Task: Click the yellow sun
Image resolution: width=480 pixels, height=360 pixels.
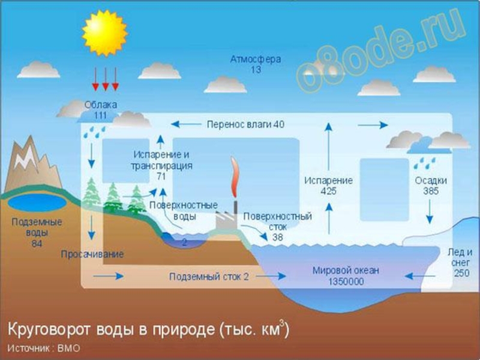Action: click(x=105, y=32)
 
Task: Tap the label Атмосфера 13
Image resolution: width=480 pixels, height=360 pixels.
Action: click(x=255, y=64)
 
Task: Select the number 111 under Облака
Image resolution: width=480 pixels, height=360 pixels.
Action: click(x=100, y=115)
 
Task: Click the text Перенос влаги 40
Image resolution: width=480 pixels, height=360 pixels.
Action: click(x=245, y=124)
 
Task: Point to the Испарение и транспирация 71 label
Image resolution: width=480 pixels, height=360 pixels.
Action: click(x=161, y=165)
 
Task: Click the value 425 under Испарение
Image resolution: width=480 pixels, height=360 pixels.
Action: click(x=328, y=191)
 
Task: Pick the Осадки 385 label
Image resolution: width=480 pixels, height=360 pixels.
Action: click(x=430, y=185)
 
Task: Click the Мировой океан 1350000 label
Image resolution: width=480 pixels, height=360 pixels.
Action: click(x=346, y=275)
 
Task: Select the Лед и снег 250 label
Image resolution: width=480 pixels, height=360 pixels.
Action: click(x=460, y=262)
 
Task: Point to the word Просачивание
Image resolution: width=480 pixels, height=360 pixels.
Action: click(x=92, y=254)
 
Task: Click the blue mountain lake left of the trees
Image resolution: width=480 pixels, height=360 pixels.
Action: click(x=37, y=202)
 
